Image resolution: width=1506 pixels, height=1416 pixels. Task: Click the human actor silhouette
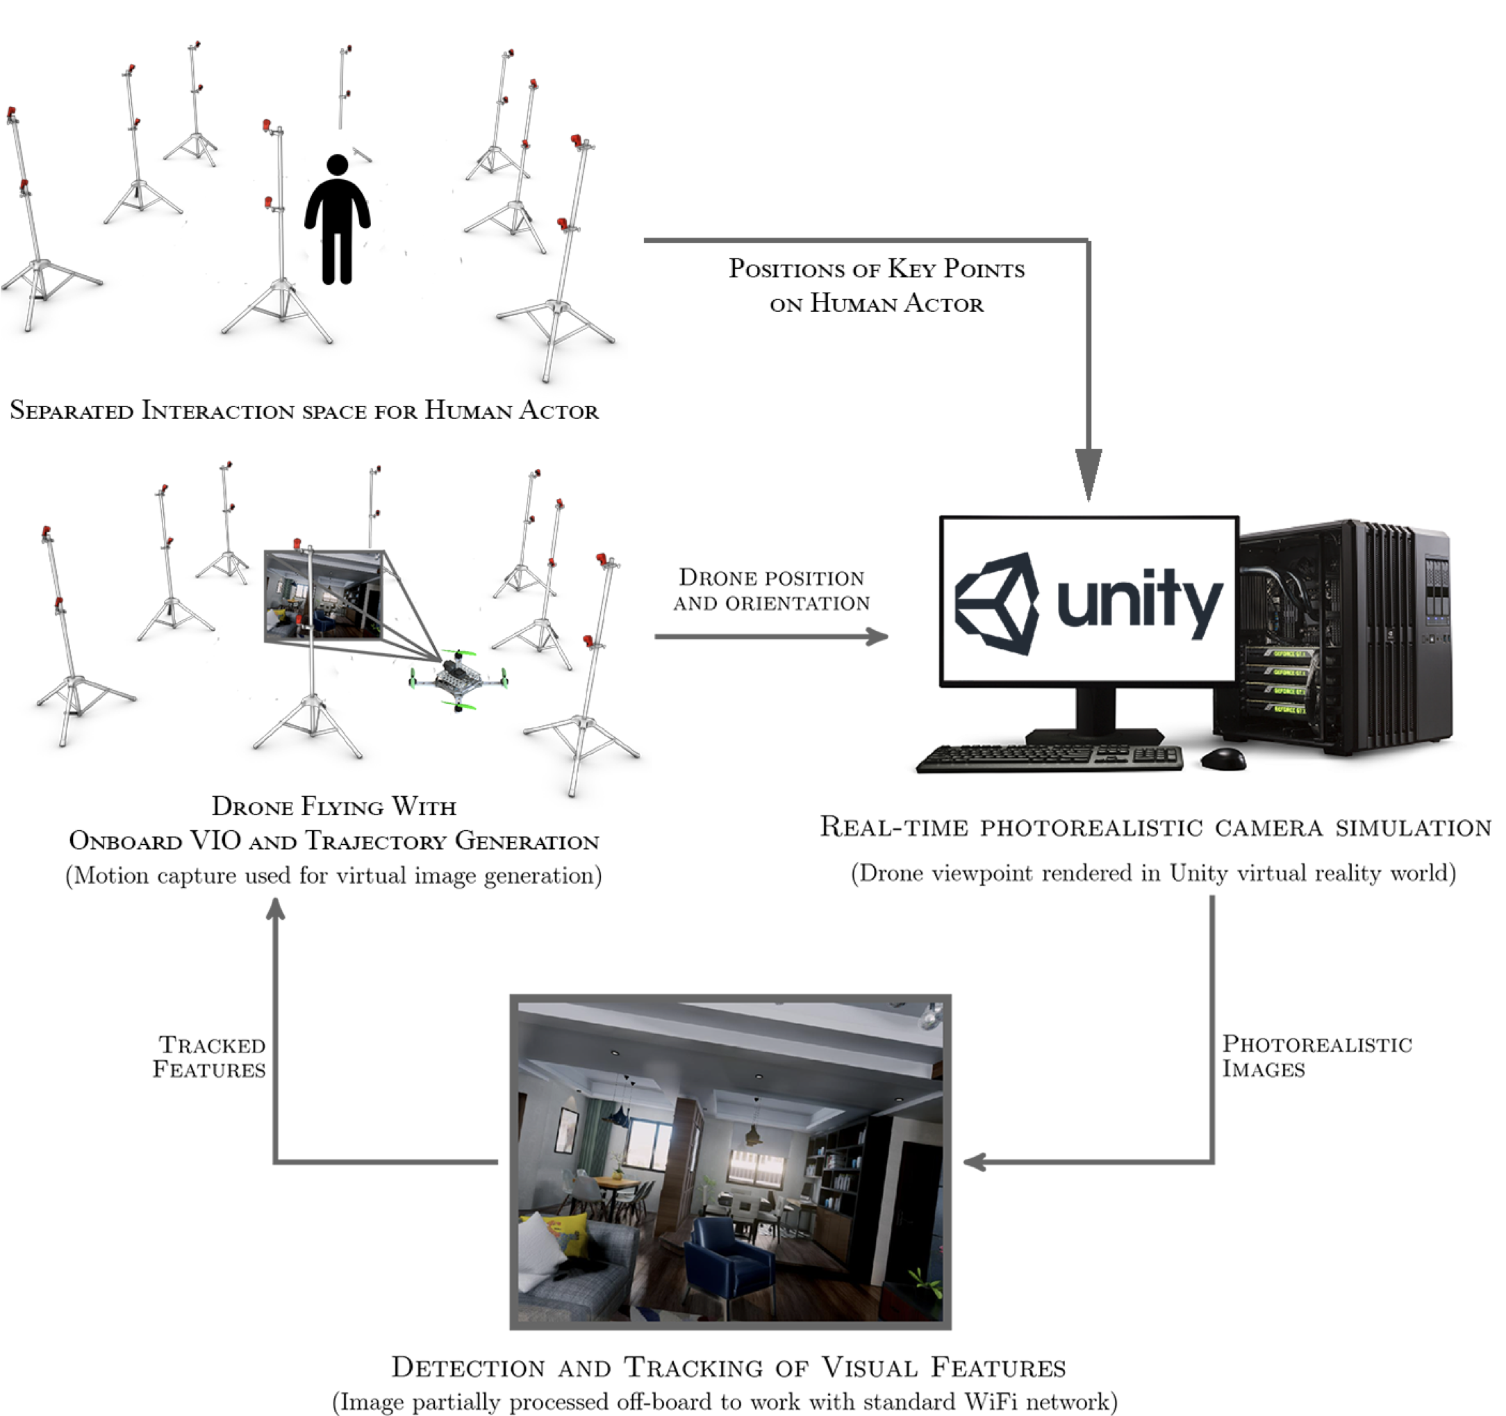[337, 220]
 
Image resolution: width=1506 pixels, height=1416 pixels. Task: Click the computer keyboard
[1050, 757]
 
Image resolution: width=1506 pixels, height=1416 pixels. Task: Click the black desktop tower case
[1341, 636]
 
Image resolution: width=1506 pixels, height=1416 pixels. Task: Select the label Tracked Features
[209, 1057]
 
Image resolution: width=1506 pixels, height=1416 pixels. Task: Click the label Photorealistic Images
[1316, 1056]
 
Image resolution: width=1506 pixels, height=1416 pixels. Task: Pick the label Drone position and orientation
[771, 589]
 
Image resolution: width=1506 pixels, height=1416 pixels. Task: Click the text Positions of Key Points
[877, 270]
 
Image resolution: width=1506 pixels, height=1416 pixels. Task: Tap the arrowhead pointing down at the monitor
[1089, 474]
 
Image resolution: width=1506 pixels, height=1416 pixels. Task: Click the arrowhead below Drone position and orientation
[877, 636]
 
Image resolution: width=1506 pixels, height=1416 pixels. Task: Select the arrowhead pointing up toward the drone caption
[276, 909]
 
